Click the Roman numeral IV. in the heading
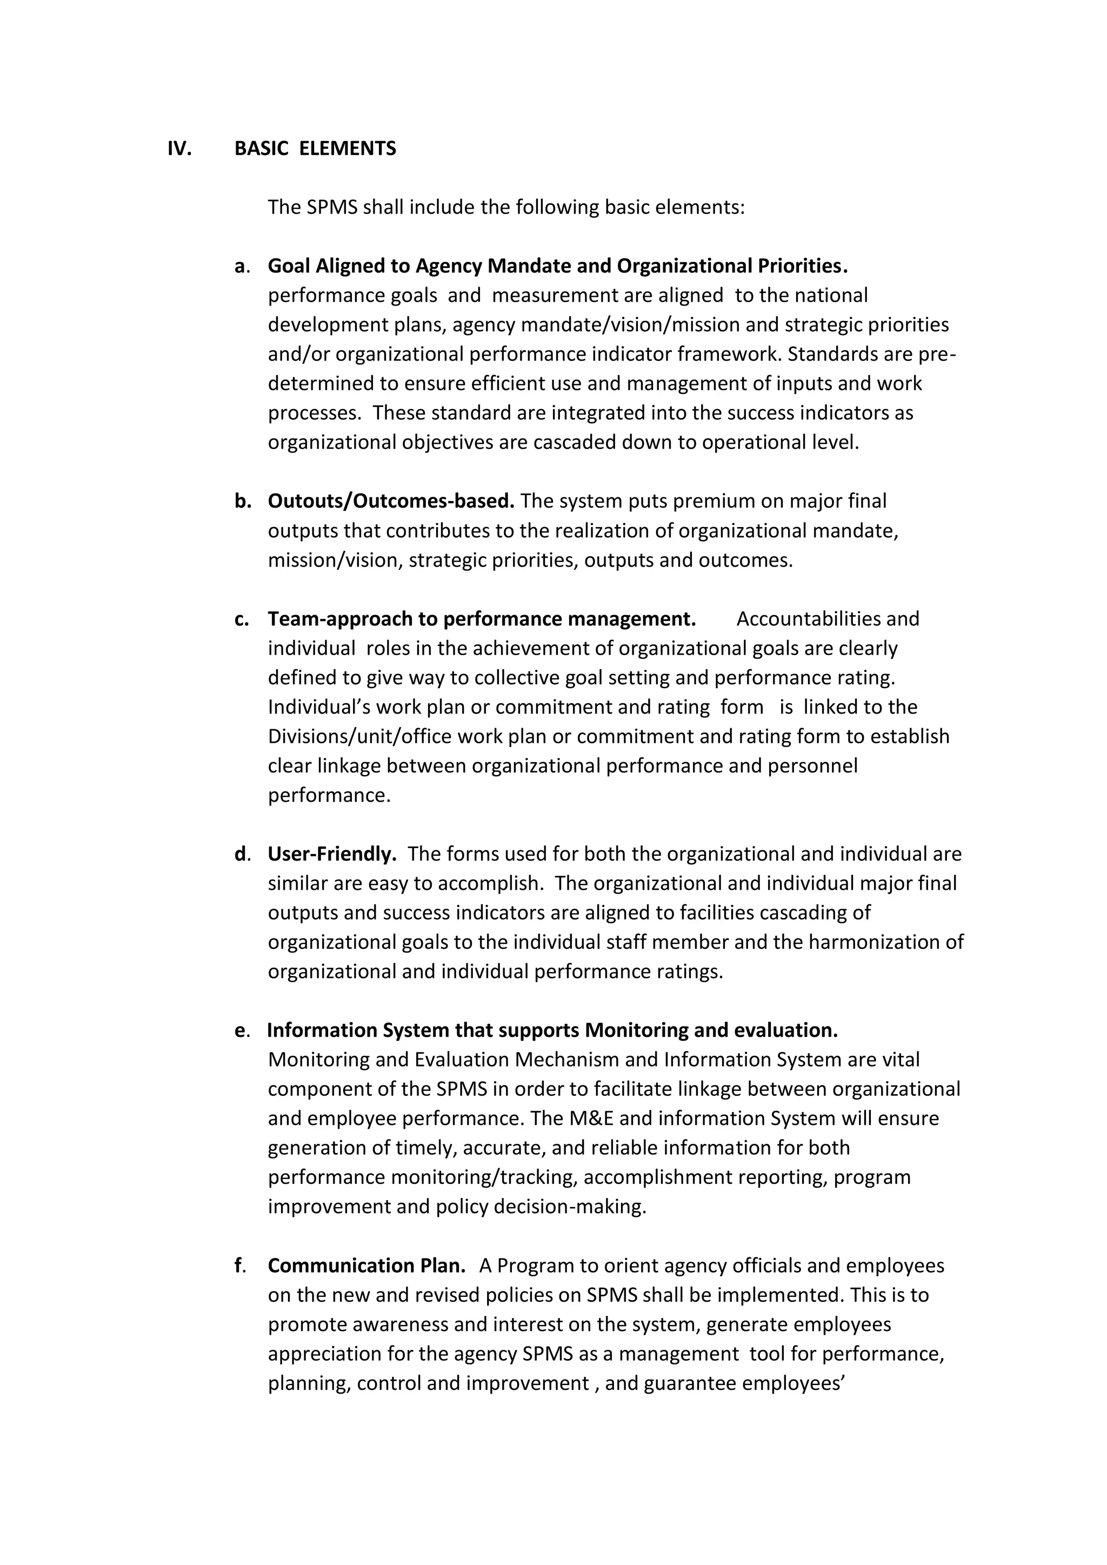coord(179,149)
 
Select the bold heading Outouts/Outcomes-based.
coord(391,501)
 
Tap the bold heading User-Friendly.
coord(332,854)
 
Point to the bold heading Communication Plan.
coord(366,1266)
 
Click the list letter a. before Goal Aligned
coord(241,266)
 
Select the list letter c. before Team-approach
coord(241,619)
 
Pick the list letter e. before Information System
coord(241,1030)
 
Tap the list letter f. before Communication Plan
coord(239,1266)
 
